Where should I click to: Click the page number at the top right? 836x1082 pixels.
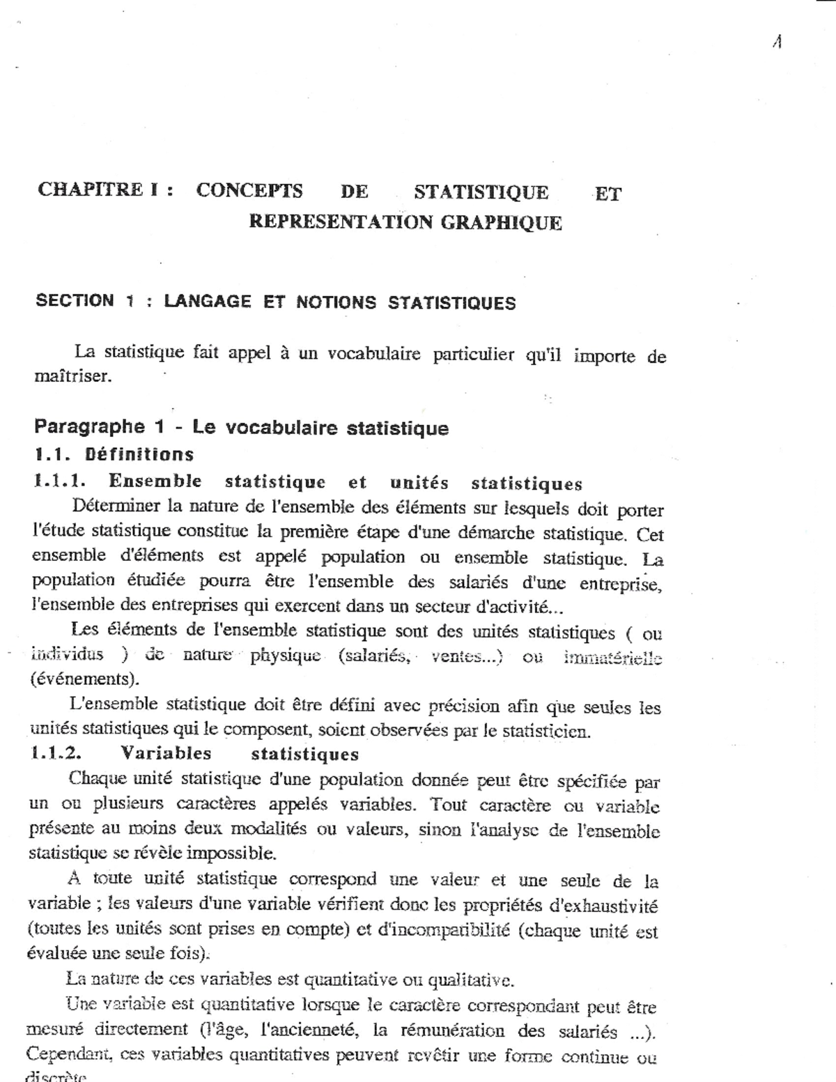tap(777, 42)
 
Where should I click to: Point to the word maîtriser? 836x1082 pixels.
tap(72, 377)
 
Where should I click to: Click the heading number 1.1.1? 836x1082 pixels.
tap(59, 481)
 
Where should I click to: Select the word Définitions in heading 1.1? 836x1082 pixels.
tap(139, 455)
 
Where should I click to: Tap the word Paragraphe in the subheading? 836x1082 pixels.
tap(90, 426)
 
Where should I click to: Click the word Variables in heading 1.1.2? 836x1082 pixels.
tap(166, 753)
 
